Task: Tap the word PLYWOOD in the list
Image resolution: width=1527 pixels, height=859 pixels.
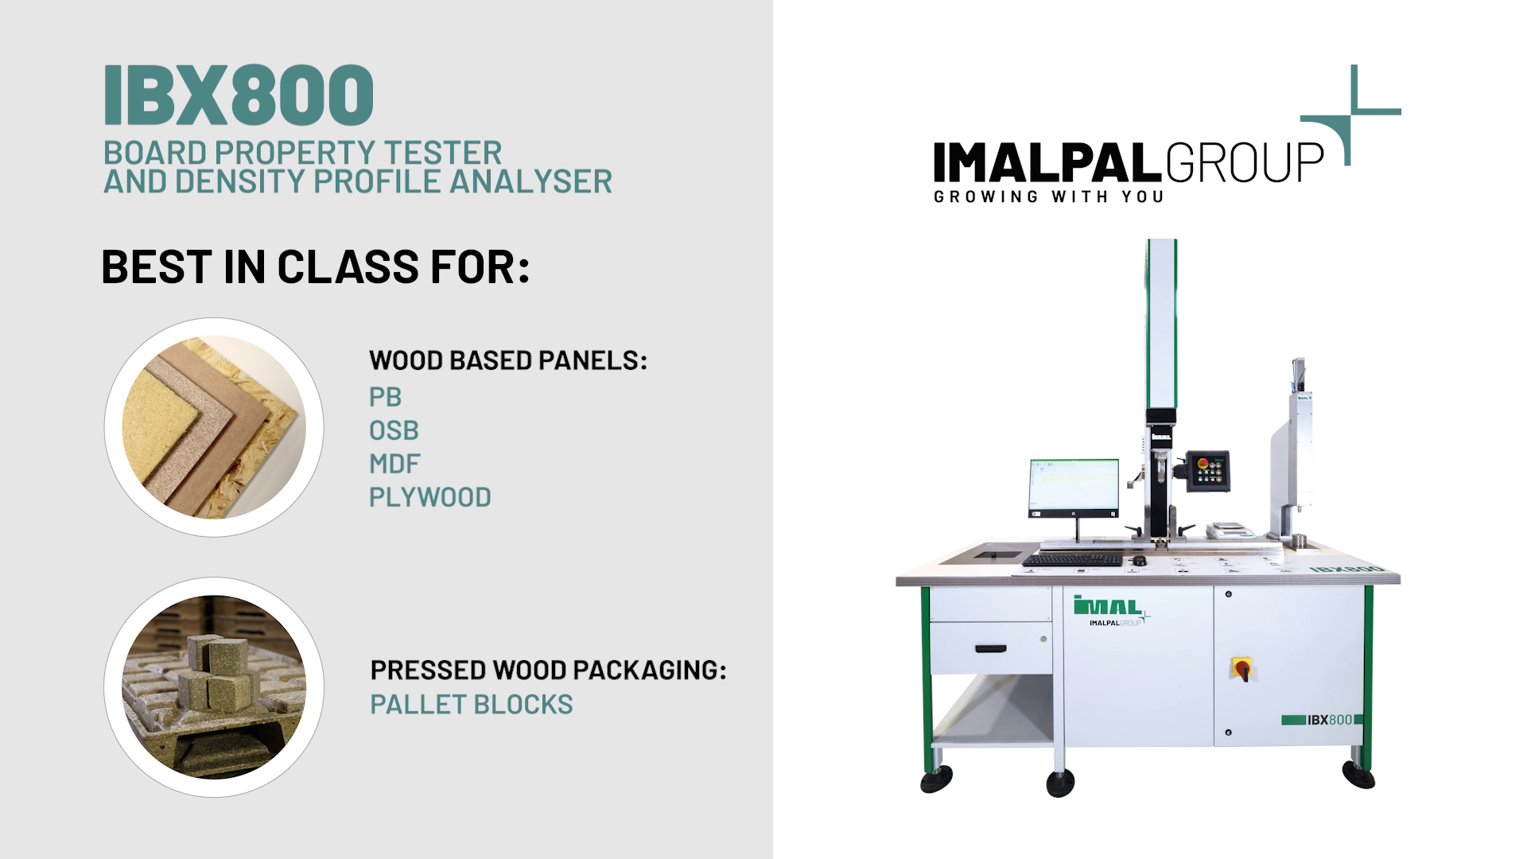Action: click(430, 497)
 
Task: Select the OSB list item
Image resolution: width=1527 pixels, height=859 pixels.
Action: click(394, 430)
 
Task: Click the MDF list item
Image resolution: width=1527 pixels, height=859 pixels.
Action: click(394, 464)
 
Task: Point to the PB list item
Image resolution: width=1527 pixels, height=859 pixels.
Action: click(385, 397)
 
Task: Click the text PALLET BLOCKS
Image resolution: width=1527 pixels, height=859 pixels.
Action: click(472, 705)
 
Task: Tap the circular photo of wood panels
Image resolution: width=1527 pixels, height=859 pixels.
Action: click(214, 427)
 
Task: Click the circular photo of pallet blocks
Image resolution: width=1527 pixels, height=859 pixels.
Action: click(214, 687)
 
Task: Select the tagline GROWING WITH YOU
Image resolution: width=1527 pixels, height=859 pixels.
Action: click(1049, 196)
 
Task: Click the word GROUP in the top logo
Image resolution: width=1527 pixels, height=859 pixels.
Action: click(1244, 161)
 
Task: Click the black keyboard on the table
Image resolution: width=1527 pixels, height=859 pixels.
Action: click(1071, 561)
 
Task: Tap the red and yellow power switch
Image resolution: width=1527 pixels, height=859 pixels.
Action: click(1241, 668)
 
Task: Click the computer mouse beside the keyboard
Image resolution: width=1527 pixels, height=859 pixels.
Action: click(1139, 561)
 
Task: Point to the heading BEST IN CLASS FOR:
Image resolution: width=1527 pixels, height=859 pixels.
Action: click(315, 266)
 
